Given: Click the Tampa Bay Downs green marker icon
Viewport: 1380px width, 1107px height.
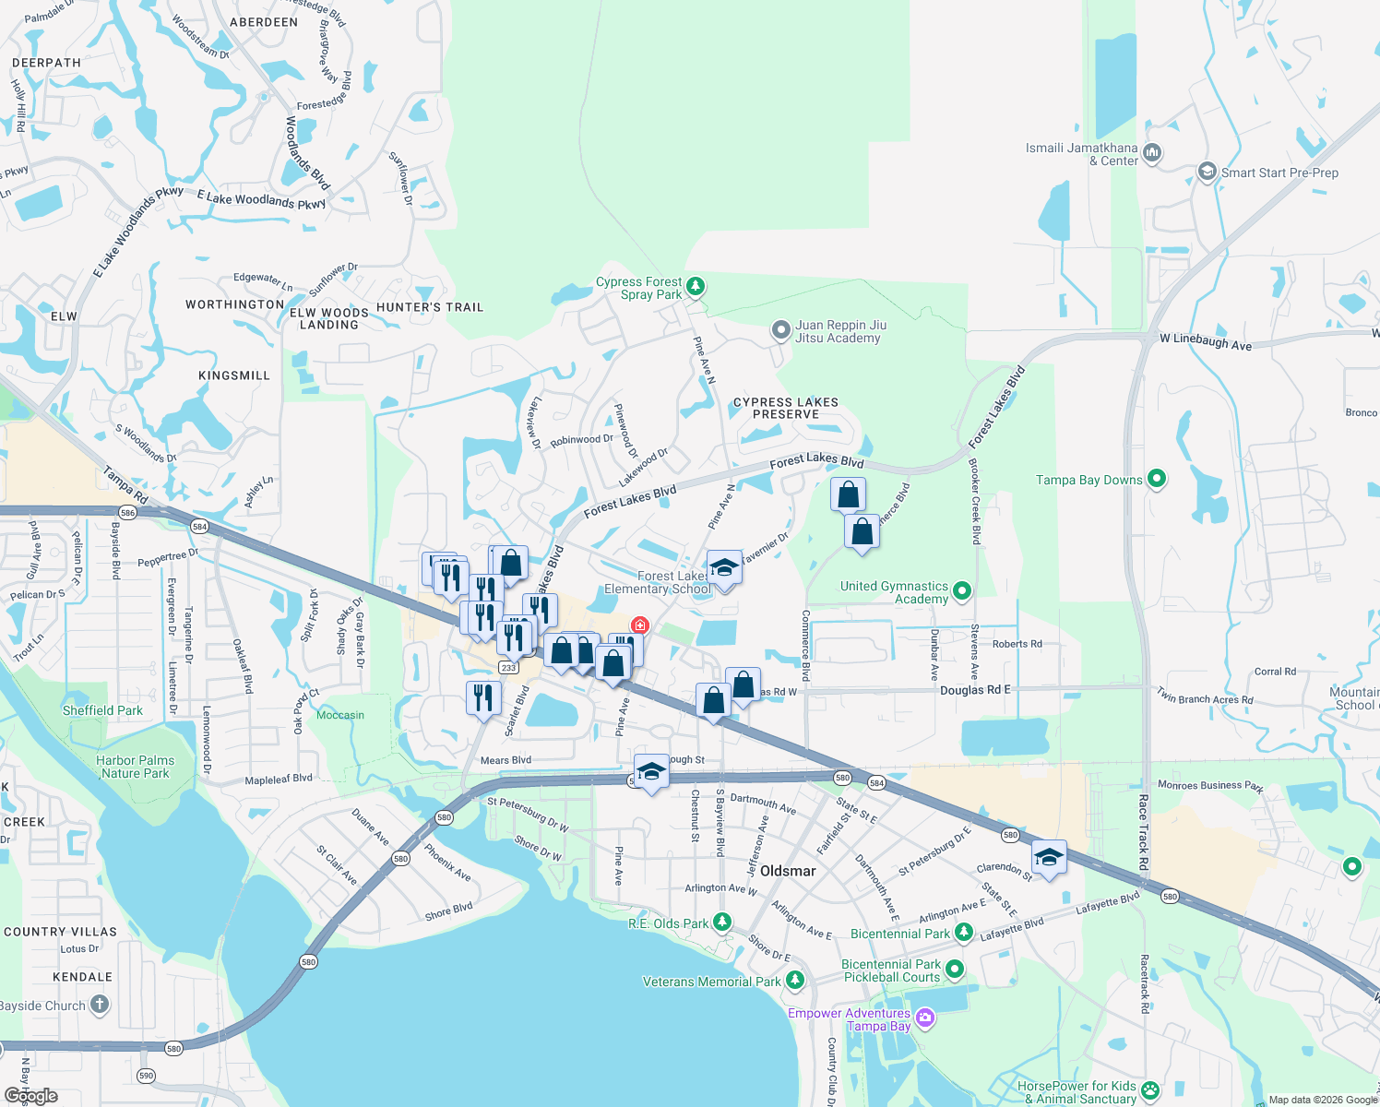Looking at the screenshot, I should (x=1156, y=479).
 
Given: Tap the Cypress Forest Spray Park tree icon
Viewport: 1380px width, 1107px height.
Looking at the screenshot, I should (x=696, y=287).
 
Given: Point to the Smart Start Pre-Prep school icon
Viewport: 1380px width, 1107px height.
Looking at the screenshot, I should (x=1207, y=173).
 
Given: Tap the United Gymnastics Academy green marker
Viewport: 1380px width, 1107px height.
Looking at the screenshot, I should (x=962, y=590).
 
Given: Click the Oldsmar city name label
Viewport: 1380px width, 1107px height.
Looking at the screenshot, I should (x=788, y=871).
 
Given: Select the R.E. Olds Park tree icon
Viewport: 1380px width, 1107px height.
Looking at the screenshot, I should (x=722, y=922).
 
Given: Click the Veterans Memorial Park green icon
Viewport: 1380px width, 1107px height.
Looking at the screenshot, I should (x=794, y=980).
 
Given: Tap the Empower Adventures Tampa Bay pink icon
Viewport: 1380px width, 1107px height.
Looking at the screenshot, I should (x=925, y=1018).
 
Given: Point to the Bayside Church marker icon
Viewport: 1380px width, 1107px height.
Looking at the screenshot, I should (x=100, y=1005).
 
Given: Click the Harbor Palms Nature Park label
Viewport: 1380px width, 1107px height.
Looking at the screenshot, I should (x=135, y=767).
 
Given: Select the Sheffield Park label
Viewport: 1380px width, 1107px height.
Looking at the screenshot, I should (x=102, y=710).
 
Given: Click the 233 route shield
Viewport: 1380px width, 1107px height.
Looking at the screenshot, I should (x=508, y=667).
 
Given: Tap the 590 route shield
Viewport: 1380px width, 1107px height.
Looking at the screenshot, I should (x=146, y=1076).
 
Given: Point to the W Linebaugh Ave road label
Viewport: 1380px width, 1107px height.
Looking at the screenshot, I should (x=1206, y=341).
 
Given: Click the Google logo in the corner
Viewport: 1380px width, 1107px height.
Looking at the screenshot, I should (x=30, y=1095).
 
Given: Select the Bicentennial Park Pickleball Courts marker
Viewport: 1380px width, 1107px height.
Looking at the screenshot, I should (x=955, y=970).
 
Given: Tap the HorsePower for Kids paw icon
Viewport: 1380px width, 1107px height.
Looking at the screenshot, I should (x=1149, y=1091).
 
